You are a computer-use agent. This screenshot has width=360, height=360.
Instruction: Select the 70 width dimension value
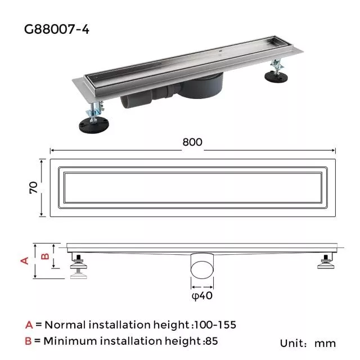coord(33,188)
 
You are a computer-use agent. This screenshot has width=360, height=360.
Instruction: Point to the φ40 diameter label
coord(202,296)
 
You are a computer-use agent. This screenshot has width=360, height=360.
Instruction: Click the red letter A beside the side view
coord(24,260)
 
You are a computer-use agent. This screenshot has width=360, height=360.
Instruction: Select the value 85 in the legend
coord(211,341)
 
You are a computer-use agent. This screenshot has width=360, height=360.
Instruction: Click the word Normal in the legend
coord(64,325)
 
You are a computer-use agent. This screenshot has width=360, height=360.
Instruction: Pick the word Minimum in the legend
coord(68,341)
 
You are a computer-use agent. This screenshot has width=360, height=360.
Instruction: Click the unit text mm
coord(325,343)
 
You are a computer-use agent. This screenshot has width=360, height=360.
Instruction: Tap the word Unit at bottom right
coord(292,343)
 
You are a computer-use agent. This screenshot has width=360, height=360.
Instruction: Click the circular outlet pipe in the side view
coord(202,265)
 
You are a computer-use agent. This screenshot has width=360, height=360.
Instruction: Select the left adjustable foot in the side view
coord(78,266)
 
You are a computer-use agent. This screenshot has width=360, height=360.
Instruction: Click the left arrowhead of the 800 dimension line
coord(52,150)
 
